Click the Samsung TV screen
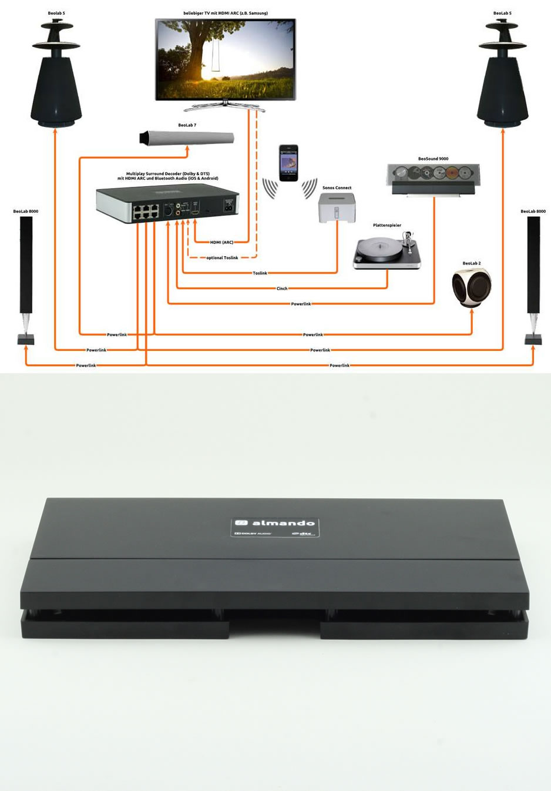point(225,59)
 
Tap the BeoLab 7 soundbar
point(187,138)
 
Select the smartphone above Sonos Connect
point(288,163)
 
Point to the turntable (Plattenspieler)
point(387,251)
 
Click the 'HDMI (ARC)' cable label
point(221,242)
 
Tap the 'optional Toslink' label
point(222,257)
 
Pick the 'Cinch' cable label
point(282,289)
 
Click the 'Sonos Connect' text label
point(337,188)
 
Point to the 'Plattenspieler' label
point(387,225)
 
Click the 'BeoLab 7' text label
point(187,125)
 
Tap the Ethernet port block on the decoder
point(145,211)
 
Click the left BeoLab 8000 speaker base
point(25,339)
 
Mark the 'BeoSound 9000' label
point(433,159)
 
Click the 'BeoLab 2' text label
point(471,263)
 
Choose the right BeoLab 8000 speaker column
point(533,264)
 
